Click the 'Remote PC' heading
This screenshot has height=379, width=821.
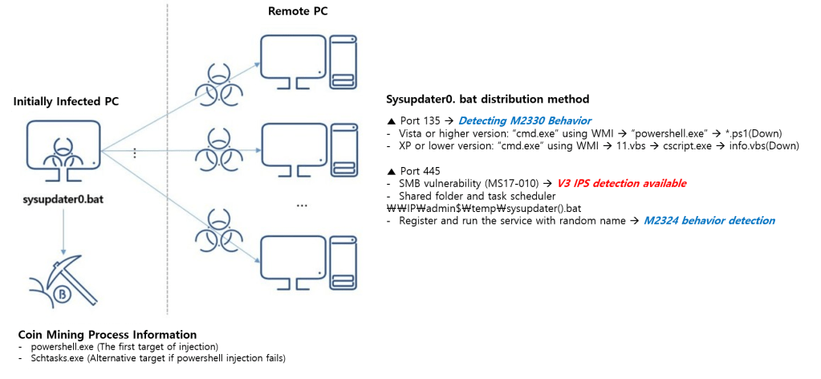297,11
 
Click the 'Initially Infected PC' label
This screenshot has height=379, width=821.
66,102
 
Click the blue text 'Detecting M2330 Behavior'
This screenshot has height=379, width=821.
525,120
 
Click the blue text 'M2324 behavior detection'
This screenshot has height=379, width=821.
709,221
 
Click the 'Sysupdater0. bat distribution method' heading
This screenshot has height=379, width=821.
488,100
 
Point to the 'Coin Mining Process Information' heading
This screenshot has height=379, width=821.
107,334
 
